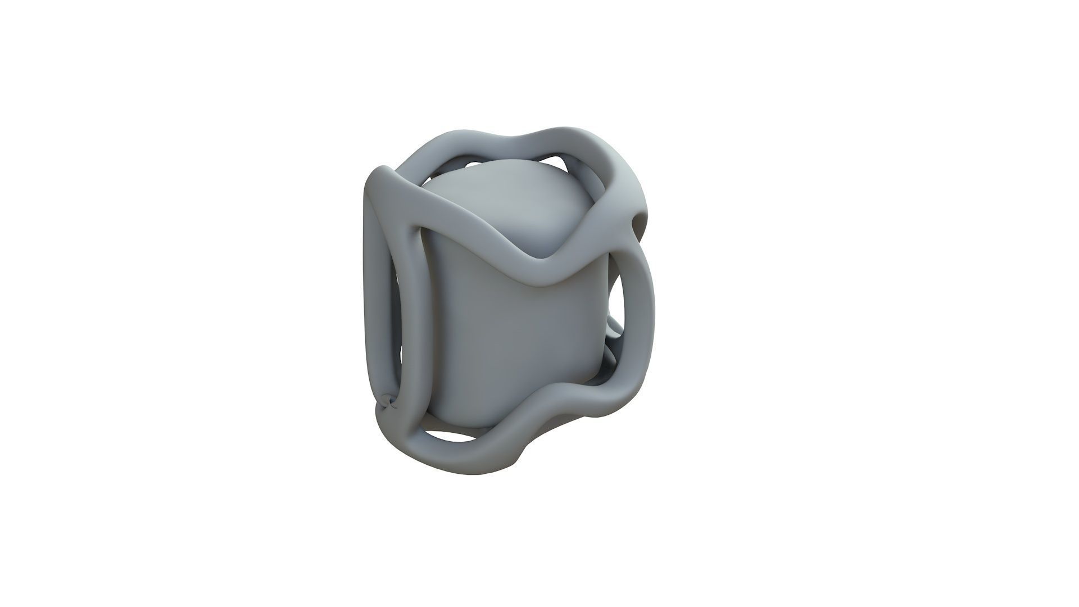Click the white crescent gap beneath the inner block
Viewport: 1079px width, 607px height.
450,435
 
